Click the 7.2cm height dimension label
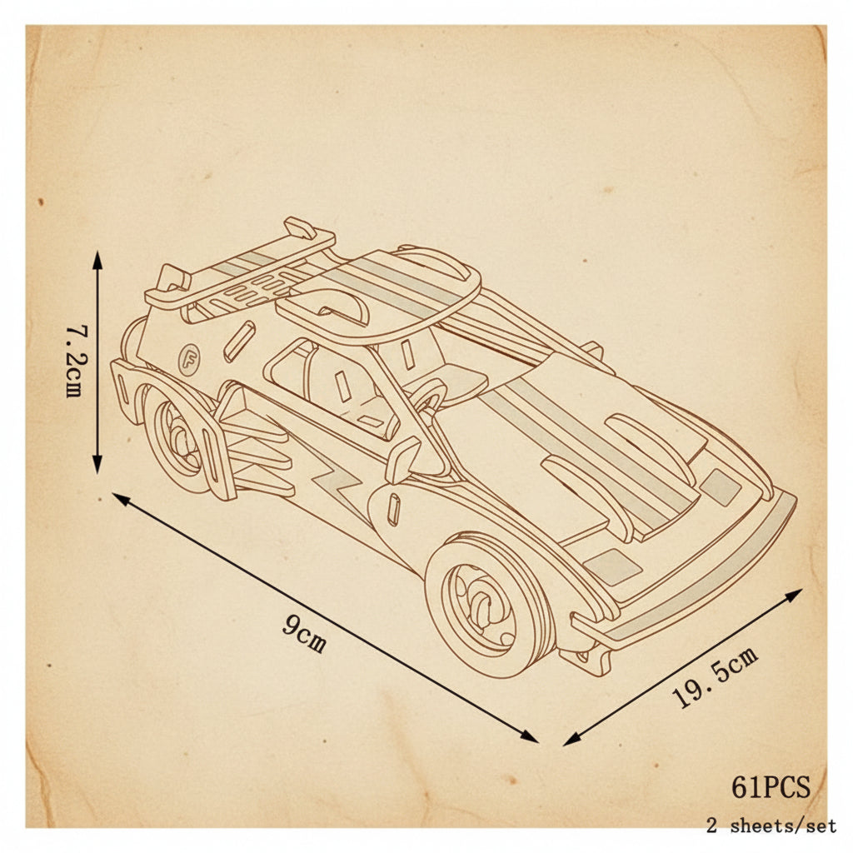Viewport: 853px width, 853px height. (x=74, y=362)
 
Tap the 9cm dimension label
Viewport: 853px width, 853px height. (x=305, y=634)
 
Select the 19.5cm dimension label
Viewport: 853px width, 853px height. (x=715, y=677)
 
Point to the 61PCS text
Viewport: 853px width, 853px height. (x=771, y=786)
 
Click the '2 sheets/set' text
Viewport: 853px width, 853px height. (x=771, y=826)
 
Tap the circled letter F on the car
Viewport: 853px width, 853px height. (x=189, y=360)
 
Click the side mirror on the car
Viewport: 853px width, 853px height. (x=402, y=460)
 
